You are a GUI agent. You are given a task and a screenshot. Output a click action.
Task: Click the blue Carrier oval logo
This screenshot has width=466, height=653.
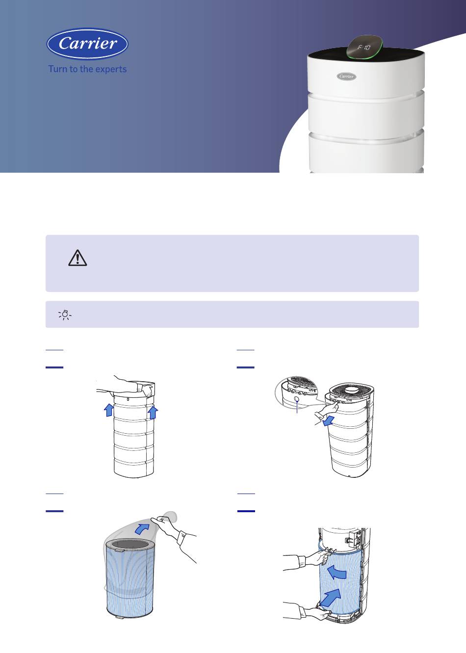tap(87, 44)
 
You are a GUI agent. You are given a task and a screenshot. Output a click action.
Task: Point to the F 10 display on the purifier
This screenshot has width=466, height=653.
tap(364, 47)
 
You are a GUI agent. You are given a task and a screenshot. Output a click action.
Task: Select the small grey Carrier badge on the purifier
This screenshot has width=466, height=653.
tap(346, 77)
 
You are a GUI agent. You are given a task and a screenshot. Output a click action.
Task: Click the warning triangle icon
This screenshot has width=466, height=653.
tap(78, 258)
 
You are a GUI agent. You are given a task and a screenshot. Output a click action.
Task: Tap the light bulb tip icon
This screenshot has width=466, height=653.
tap(65, 314)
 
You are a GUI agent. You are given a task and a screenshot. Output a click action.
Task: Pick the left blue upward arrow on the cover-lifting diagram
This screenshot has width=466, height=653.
tap(109, 410)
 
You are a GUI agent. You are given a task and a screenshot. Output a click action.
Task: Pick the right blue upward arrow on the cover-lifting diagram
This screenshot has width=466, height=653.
tap(153, 413)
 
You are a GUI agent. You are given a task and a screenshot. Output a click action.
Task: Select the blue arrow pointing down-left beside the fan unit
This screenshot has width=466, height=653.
tap(329, 420)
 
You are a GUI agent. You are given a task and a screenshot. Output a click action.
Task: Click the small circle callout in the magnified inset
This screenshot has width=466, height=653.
tap(296, 399)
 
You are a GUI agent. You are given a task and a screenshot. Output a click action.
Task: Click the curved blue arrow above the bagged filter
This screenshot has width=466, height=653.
tap(142, 528)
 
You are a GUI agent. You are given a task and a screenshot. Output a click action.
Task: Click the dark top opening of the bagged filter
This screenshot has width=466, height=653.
tap(129, 545)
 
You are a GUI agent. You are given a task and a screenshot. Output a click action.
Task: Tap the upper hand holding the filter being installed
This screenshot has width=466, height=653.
tap(309, 558)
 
